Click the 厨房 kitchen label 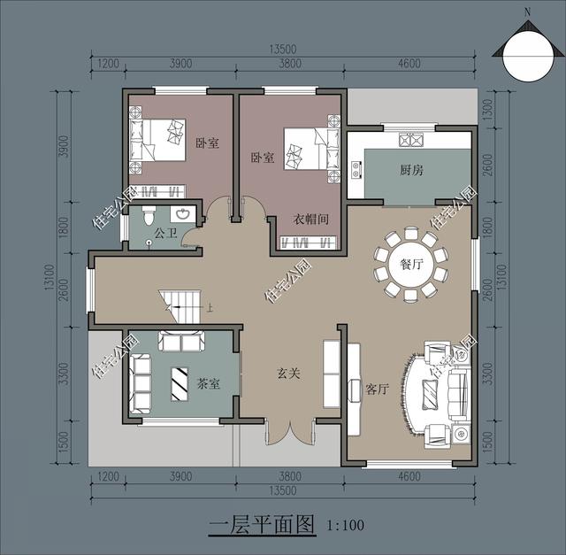(411, 169)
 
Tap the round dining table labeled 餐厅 (411, 264)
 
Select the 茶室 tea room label (209, 383)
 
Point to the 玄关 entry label (288, 373)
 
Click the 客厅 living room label (377, 389)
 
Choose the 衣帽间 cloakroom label (310, 219)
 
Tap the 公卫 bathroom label (165, 233)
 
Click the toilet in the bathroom (149, 215)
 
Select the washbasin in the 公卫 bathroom (183, 214)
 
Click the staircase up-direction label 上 (210, 308)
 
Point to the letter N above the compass (528, 12)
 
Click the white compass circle (527, 57)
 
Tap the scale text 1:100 (345, 525)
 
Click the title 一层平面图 (262, 525)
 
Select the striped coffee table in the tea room (180, 384)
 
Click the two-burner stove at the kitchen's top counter (411, 140)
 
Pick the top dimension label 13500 (283, 50)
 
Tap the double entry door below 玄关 (290, 432)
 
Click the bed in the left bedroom (157, 140)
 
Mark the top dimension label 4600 (409, 64)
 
